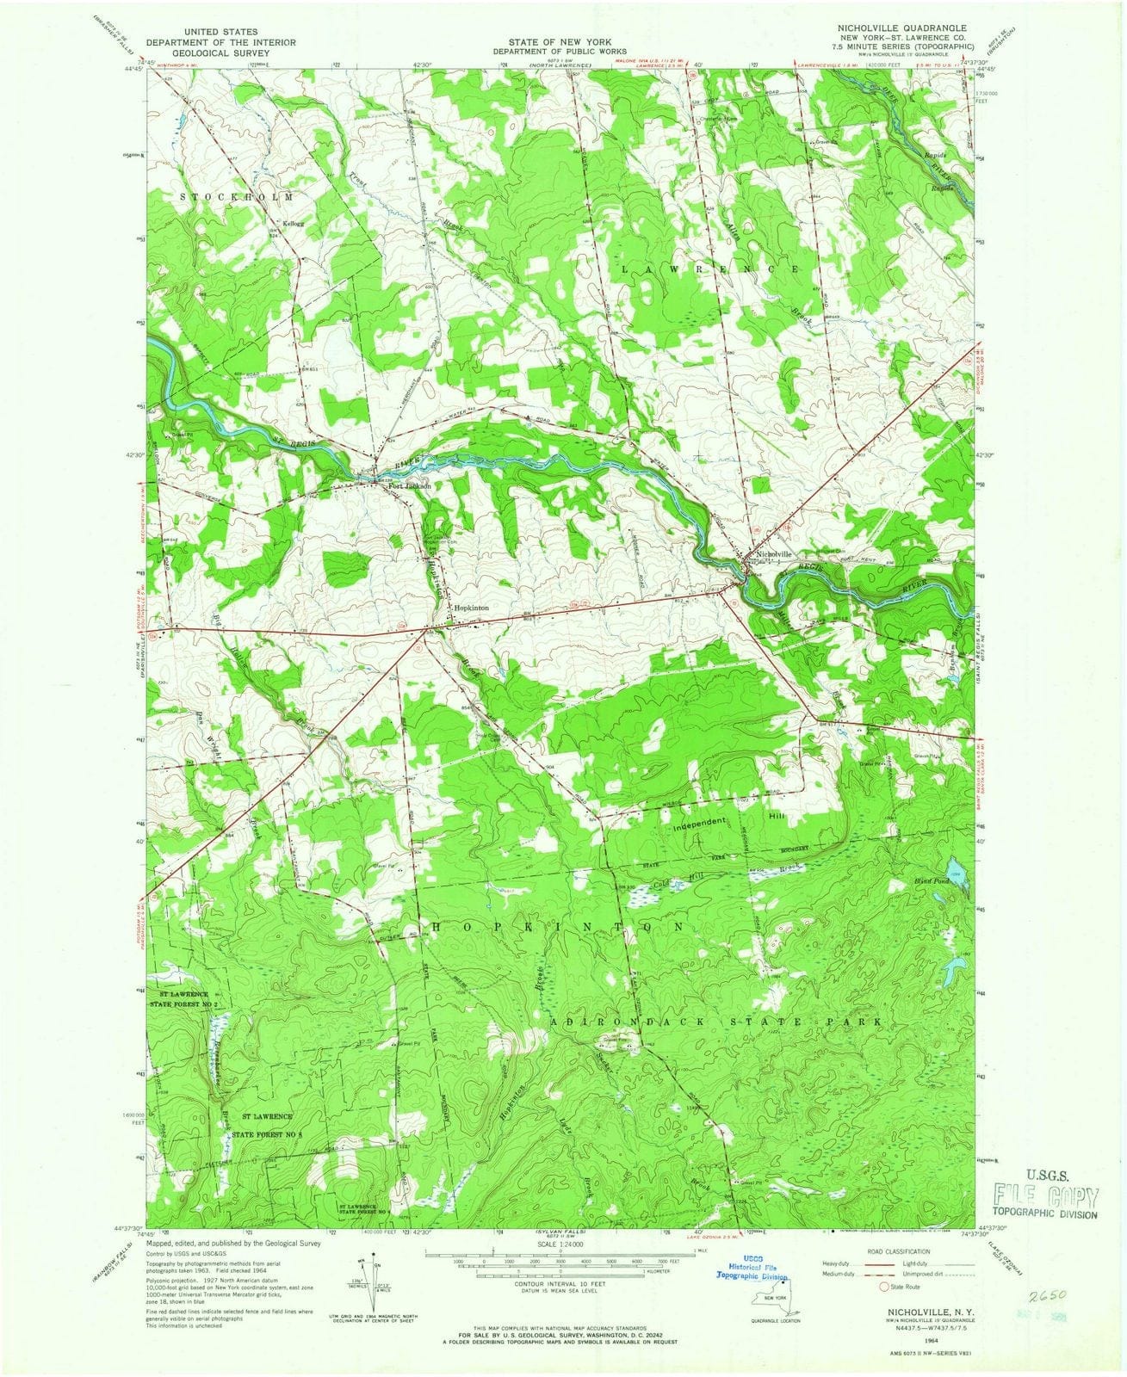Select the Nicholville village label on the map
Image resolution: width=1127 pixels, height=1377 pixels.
(772, 554)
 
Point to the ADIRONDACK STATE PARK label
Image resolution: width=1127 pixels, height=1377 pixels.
(716, 1021)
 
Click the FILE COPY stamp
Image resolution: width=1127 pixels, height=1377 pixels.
(1046, 1197)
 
